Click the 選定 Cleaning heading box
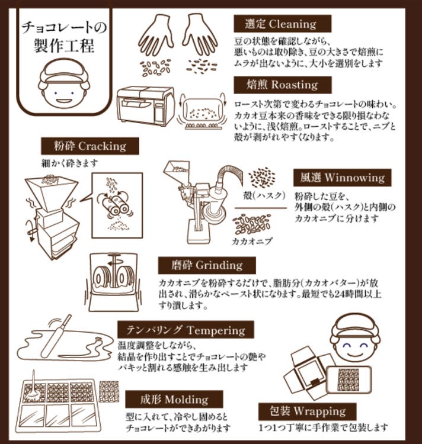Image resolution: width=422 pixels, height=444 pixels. (x=281, y=24)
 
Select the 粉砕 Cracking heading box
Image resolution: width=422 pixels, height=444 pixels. (x=89, y=146)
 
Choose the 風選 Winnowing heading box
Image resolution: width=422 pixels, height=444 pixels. (x=342, y=177)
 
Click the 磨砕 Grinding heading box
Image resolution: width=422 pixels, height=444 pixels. (x=206, y=265)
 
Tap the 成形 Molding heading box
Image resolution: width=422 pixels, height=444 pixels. (x=174, y=399)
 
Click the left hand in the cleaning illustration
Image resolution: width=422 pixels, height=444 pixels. (x=155, y=35)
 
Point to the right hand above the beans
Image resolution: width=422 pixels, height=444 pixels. (x=199, y=34)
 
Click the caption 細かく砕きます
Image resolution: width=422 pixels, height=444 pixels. (x=66, y=162)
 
